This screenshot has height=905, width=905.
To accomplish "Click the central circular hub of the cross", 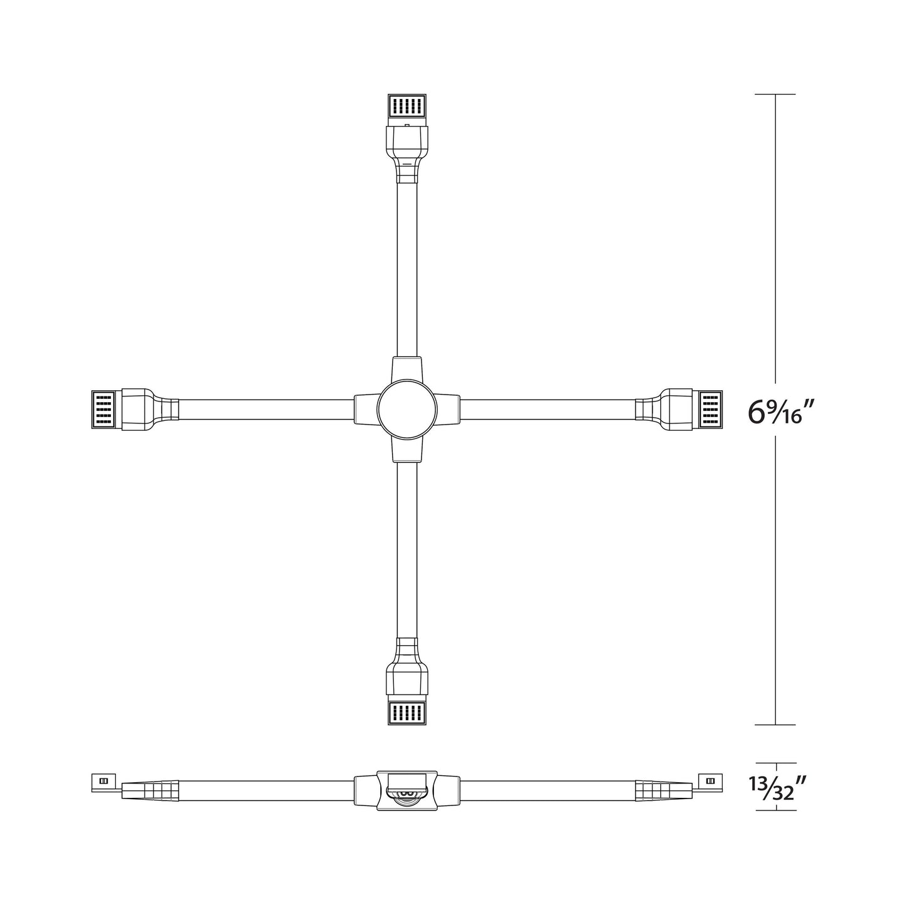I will coord(407,410).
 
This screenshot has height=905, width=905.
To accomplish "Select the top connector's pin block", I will coord(407,105).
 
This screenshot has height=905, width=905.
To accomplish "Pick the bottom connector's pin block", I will coord(407,713).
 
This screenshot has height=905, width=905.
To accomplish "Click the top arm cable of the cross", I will coord(407,269).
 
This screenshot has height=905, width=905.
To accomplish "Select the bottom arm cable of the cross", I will coord(407,551).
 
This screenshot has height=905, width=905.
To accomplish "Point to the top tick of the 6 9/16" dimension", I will coord(775,94).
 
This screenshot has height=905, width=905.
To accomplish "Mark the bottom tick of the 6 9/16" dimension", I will coord(775,725).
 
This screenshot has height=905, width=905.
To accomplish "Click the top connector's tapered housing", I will coord(407,143).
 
